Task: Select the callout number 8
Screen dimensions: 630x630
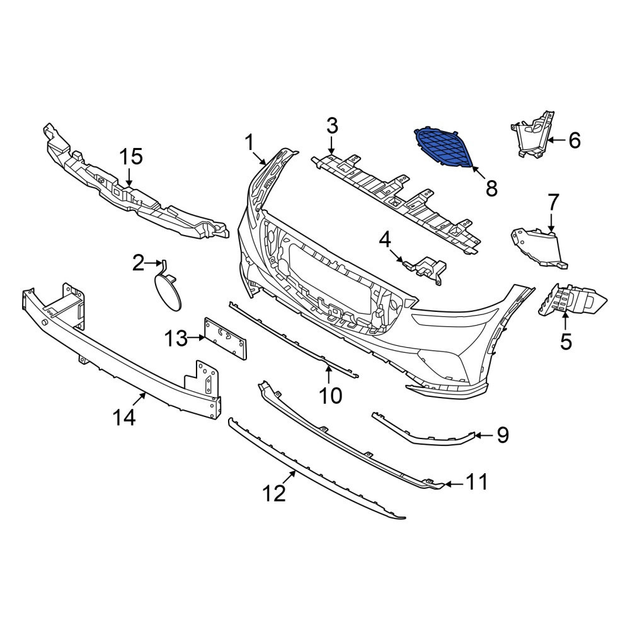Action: pyautogui.click(x=491, y=188)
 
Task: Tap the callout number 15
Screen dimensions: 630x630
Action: pyautogui.click(x=132, y=156)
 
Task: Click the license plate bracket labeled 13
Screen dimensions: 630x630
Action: pyautogui.click(x=226, y=338)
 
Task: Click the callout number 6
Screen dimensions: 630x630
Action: pyautogui.click(x=575, y=140)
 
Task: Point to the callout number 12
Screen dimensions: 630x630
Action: pyautogui.click(x=274, y=493)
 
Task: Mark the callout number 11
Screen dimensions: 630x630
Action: pyautogui.click(x=477, y=481)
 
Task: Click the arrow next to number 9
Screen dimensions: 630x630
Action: pyautogui.click(x=484, y=435)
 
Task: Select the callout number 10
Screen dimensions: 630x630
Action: pyautogui.click(x=330, y=395)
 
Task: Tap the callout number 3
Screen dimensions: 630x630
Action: pyautogui.click(x=332, y=126)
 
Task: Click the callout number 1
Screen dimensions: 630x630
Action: pyautogui.click(x=250, y=142)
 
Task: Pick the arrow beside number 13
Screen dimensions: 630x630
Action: pyautogui.click(x=197, y=338)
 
